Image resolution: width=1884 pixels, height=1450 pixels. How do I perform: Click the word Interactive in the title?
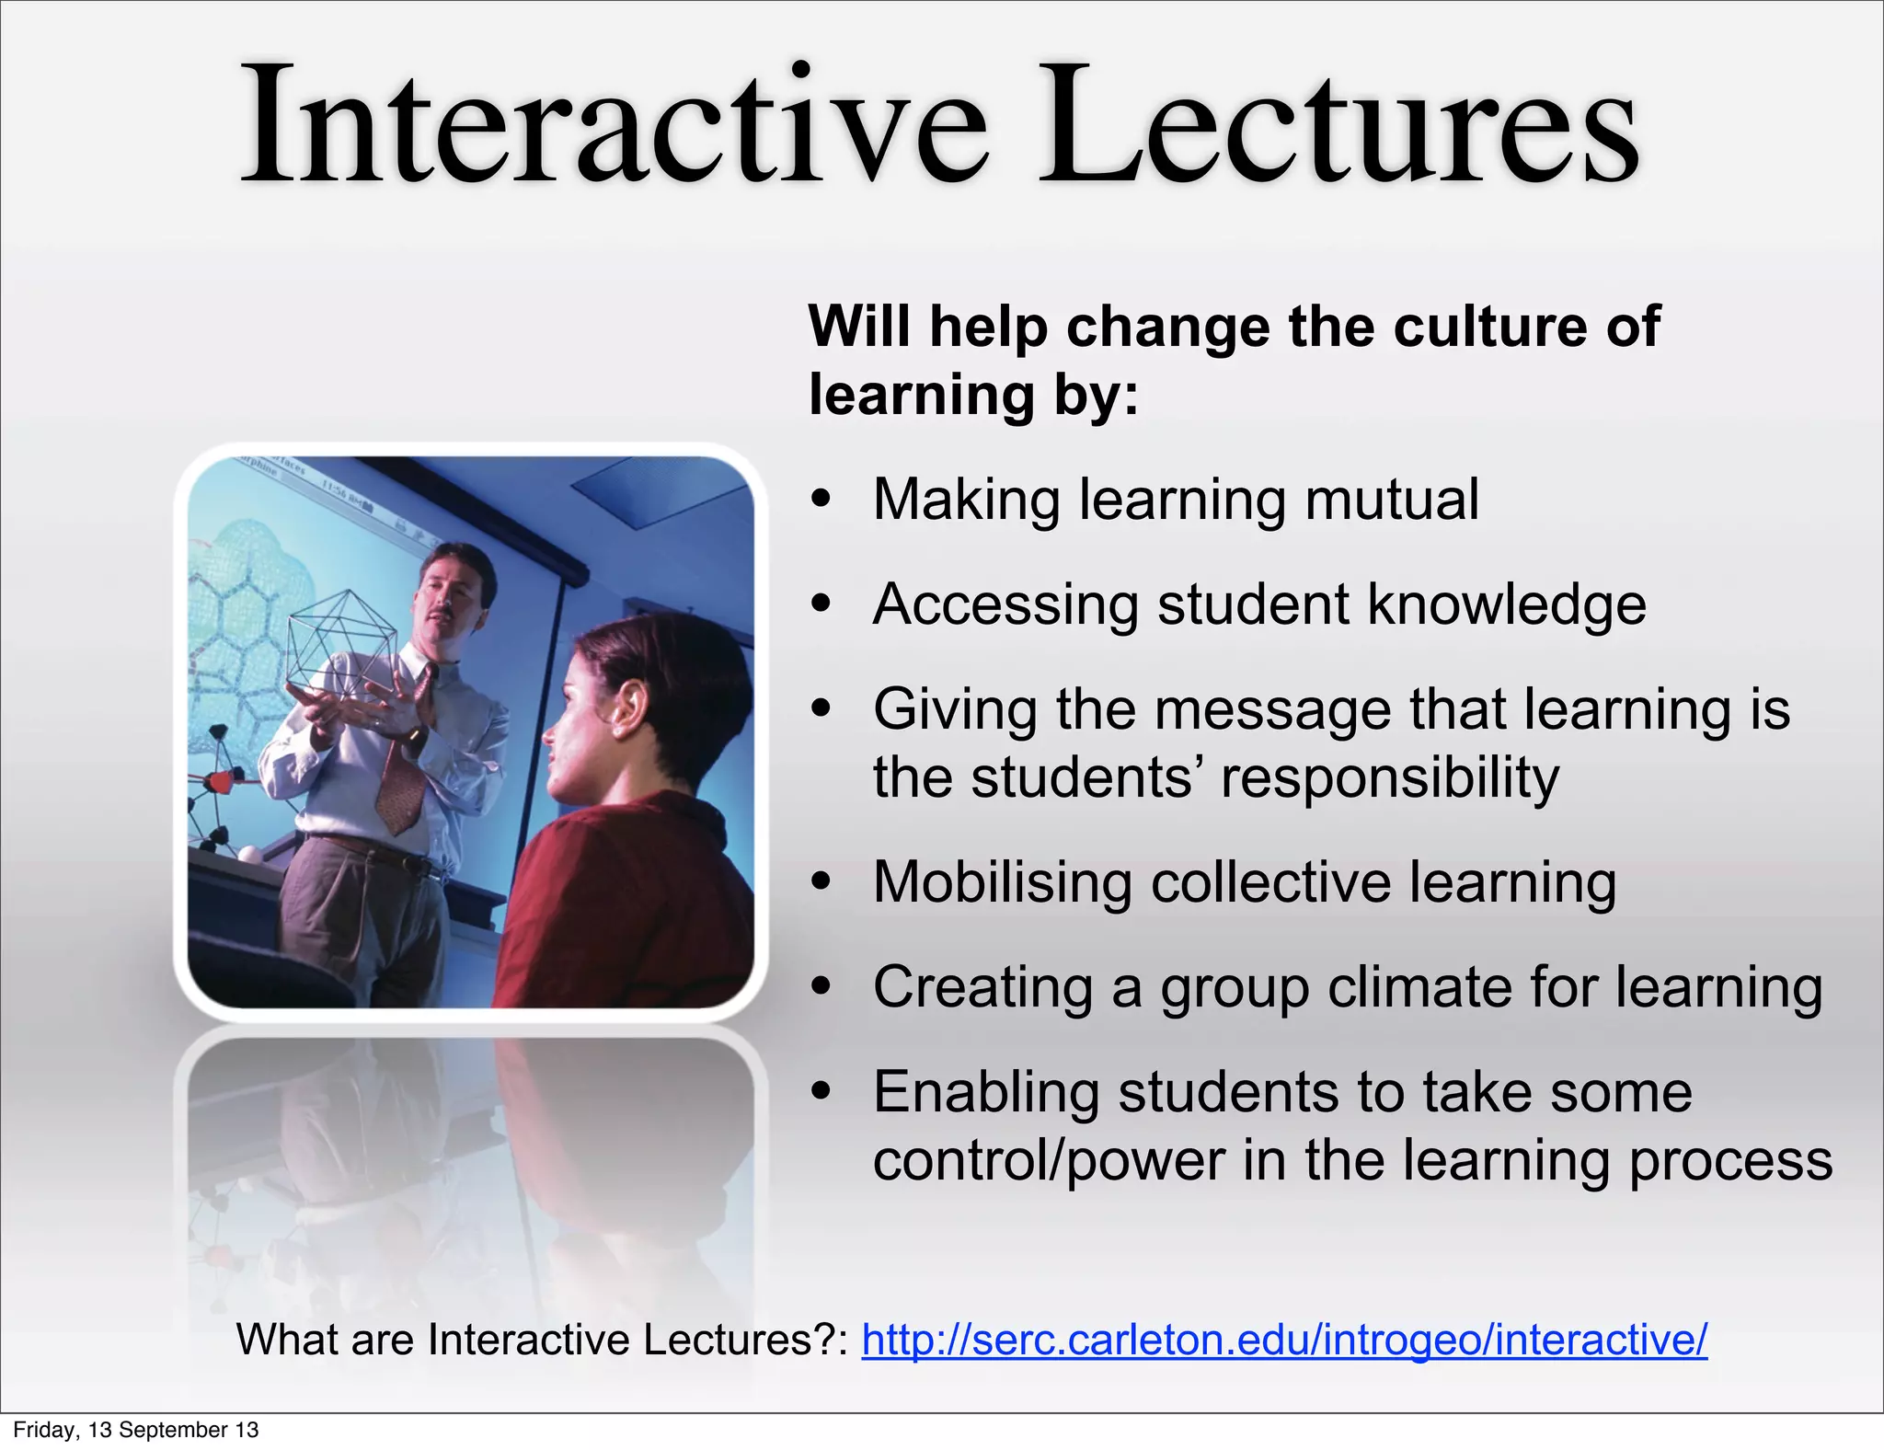pos(612,124)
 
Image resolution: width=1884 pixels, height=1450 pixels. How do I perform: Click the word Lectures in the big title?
pos(1338,124)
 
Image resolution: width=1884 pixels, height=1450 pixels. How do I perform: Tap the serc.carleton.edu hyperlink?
pos(1284,1340)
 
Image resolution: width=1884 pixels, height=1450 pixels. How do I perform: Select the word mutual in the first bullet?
pos(1392,500)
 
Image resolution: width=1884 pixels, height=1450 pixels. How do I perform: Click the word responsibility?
pos(1389,778)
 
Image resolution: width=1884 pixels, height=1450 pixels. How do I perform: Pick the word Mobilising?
pos(1001,882)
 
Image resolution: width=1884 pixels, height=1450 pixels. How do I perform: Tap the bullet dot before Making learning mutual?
pos(821,500)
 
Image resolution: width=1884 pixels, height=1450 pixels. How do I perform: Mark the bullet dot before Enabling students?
pos(821,1092)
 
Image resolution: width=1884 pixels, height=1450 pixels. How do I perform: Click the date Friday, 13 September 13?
pos(135,1430)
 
